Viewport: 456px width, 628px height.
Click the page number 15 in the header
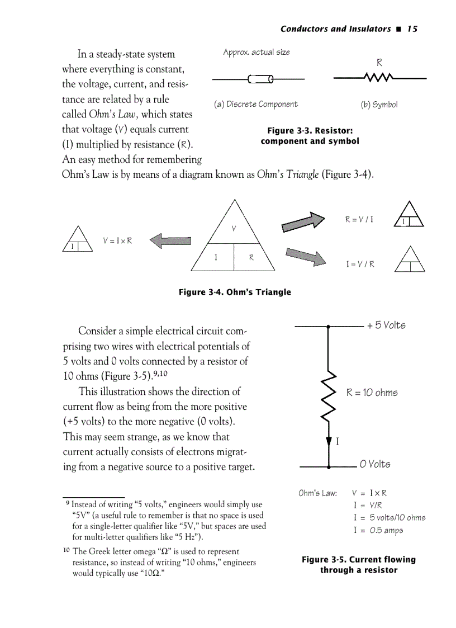412,29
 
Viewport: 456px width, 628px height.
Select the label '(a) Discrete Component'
256,104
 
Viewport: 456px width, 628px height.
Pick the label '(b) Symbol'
379,105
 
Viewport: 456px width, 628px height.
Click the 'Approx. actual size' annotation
256,53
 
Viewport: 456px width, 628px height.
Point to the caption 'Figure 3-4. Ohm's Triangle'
235,292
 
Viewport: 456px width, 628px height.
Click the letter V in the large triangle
234,228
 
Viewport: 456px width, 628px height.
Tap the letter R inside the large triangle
251,258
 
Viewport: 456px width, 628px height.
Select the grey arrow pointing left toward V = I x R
170,241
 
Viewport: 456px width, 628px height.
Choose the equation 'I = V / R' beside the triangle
360,264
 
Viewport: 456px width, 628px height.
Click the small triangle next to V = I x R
77,241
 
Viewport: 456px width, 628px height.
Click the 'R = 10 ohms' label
372,393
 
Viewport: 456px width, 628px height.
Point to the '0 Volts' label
375,464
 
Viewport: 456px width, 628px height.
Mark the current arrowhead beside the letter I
329,442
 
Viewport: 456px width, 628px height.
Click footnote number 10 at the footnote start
66,551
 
